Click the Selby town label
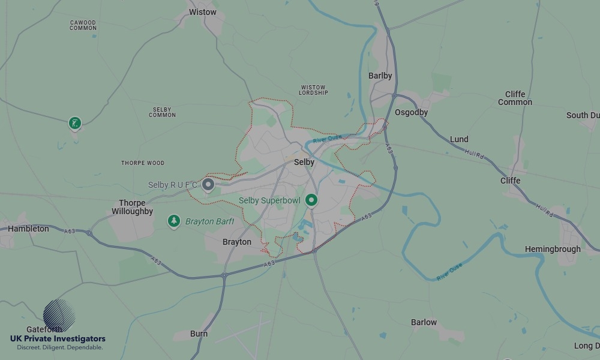point(304,162)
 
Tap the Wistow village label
point(202,12)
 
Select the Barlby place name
point(380,76)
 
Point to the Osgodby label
point(412,112)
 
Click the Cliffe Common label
point(515,98)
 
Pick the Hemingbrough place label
point(553,249)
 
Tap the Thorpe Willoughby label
point(132,207)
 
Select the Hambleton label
point(28,229)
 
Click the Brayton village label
point(237,242)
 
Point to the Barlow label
point(424,322)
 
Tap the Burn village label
point(199,334)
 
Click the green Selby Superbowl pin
point(311,200)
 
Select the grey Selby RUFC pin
point(208,184)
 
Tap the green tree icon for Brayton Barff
point(174,221)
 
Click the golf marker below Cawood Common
point(74,123)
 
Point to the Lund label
point(459,139)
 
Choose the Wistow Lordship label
point(313,90)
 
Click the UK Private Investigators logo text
point(58,339)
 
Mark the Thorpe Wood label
point(143,163)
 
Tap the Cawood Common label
point(83,25)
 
